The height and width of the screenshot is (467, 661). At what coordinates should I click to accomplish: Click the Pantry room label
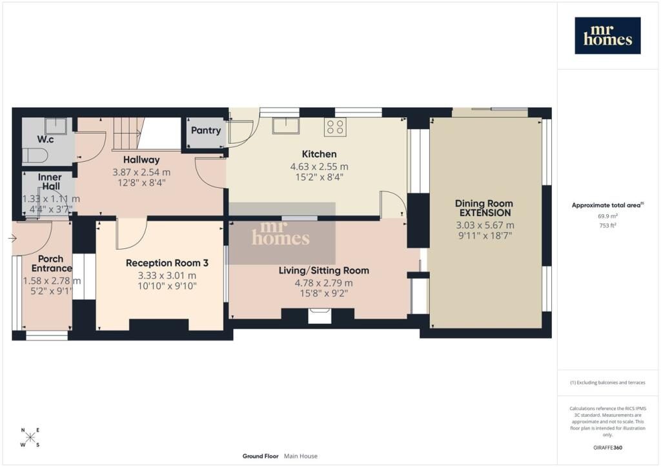click(x=206, y=130)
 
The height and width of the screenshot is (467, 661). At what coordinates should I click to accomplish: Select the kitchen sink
click(x=285, y=126)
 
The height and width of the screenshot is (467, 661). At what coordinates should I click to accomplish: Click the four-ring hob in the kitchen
click(x=335, y=127)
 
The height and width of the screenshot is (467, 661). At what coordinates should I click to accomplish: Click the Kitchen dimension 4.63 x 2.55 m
click(x=319, y=167)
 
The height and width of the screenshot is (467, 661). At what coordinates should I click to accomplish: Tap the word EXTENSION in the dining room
click(x=485, y=213)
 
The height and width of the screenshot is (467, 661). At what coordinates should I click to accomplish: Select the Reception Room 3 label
click(x=167, y=263)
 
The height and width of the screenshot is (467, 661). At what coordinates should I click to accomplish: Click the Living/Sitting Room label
click(x=324, y=270)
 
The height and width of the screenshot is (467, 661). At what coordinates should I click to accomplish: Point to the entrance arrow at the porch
click(x=12, y=239)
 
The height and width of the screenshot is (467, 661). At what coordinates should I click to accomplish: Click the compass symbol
click(x=30, y=437)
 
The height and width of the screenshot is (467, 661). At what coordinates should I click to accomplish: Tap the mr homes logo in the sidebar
click(x=607, y=35)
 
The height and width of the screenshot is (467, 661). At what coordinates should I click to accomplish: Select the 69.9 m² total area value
click(x=607, y=216)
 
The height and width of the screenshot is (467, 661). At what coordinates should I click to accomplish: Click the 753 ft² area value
click(x=607, y=225)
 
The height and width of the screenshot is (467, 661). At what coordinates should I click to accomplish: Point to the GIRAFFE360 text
click(x=607, y=448)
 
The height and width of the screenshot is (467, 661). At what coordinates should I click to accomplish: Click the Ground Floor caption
click(x=260, y=456)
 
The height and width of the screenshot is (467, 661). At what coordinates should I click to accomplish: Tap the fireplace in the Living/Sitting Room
click(x=319, y=316)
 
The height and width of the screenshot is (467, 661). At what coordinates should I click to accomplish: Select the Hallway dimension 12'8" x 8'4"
click(x=141, y=183)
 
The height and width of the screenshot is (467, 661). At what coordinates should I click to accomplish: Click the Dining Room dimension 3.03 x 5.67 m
click(x=485, y=225)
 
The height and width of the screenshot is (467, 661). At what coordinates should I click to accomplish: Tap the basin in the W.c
click(x=56, y=126)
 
